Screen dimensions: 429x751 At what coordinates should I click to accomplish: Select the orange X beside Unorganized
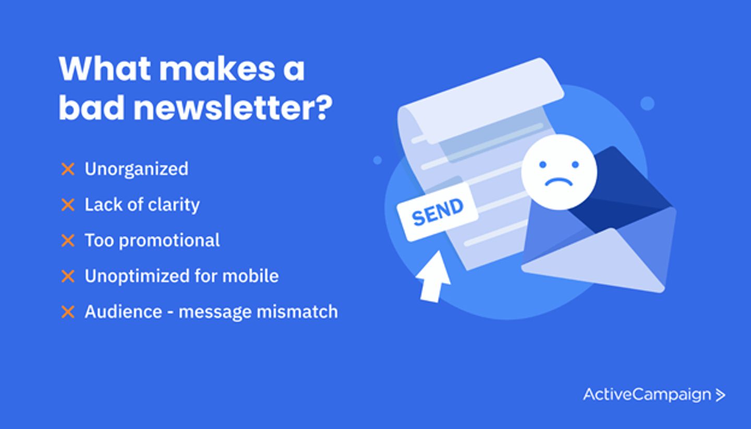click(x=68, y=169)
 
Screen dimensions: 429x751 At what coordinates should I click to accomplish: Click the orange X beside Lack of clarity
click(x=68, y=205)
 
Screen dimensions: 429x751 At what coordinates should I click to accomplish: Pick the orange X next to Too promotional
click(x=68, y=241)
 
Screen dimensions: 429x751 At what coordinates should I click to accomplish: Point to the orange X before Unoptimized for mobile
click(x=68, y=276)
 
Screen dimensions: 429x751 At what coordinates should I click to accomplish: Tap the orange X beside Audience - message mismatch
click(x=68, y=312)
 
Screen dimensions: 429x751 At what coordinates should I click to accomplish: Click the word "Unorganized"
click(x=137, y=169)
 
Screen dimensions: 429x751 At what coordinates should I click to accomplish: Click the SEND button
click(x=437, y=212)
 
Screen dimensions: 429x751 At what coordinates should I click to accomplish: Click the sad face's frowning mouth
click(x=559, y=182)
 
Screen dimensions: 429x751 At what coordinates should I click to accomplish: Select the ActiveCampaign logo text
click(x=647, y=395)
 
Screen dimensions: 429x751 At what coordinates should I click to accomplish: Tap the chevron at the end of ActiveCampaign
click(x=720, y=395)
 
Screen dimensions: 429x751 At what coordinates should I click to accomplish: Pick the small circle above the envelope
click(x=647, y=103)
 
